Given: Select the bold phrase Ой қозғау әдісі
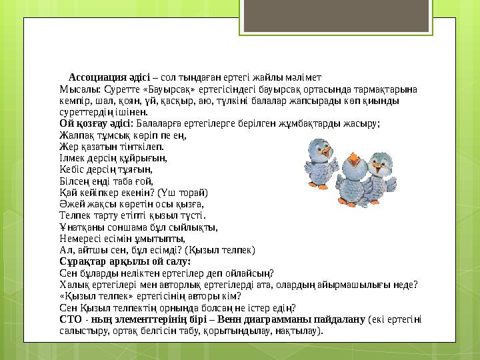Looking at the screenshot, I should (96, 123).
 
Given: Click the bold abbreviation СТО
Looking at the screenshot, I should (70, 319).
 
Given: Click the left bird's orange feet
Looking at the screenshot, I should (318, 181).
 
